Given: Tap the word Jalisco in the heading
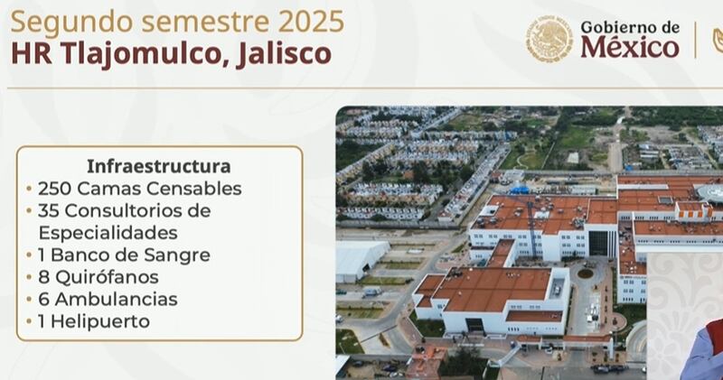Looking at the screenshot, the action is point(284,54).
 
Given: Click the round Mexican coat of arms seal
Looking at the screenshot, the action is point(549,38).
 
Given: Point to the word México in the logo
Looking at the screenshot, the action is point(629,47).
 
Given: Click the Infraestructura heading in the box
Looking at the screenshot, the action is point(159,166).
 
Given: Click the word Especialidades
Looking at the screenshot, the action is point(108,233).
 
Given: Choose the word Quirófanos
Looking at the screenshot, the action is point(107,277).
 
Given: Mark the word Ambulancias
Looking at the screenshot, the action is point(116,300).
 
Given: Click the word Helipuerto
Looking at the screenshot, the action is point(100,321).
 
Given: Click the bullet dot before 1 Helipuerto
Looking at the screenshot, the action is point(29,321).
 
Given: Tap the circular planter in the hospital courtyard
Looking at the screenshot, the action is point(585,273).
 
